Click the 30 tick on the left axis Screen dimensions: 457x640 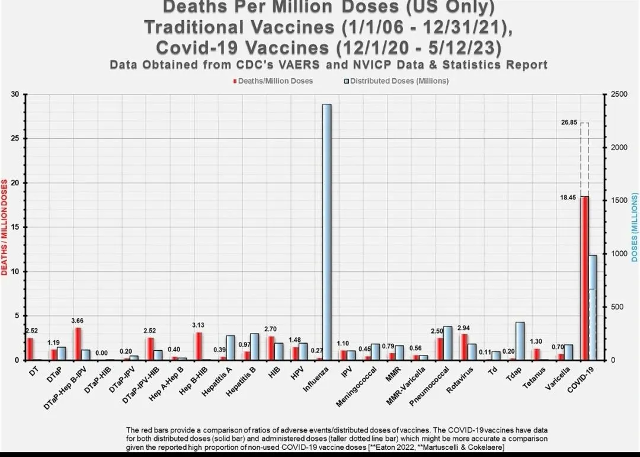click(15, 94)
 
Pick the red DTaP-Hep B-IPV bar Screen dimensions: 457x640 click(78, 344)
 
